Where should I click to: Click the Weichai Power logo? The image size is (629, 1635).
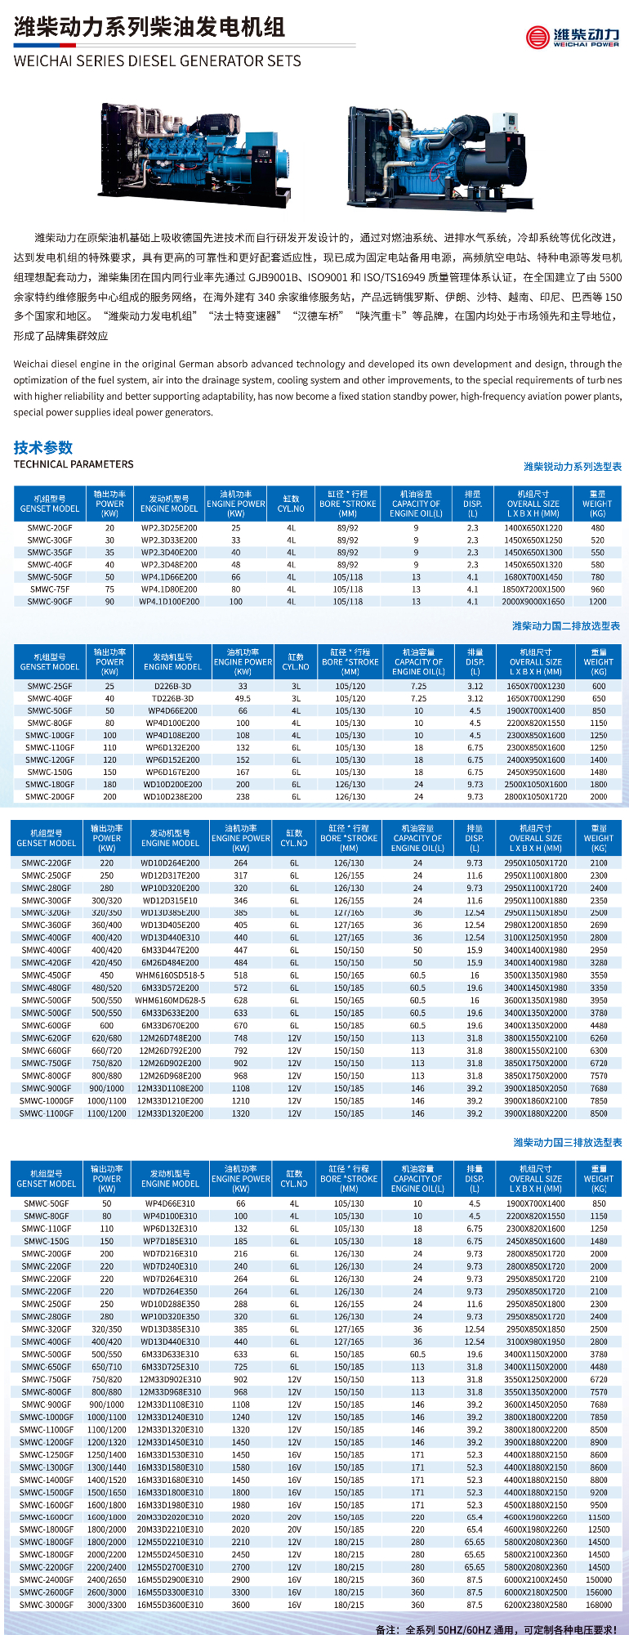pos(573,37)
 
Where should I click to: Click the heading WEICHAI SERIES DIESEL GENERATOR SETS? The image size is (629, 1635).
pos(158,61)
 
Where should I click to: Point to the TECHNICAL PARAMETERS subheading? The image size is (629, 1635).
pos(74,464)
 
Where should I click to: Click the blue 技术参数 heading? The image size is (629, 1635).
pos(43,447)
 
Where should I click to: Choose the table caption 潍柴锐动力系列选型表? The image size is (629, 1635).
pos(573,467)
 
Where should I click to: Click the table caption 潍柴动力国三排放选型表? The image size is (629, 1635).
pos(568,1142)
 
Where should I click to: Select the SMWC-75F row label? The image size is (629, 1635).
pos(50,589)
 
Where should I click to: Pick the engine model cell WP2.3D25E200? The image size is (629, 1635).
pos(169,528)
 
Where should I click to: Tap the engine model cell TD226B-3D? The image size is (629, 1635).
pos(173,699)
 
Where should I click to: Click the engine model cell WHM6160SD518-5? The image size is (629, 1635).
pos(170,975)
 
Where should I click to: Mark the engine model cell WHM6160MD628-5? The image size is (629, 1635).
pos(170,1001)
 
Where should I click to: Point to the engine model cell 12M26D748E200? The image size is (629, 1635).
pos(170,1038)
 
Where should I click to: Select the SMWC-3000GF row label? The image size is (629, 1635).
pos(47,1605)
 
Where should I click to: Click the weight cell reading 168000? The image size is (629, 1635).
pos(599,1605)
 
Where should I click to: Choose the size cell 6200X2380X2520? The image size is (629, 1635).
pos(536,1605)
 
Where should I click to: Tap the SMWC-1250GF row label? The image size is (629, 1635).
pos(47,1454)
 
